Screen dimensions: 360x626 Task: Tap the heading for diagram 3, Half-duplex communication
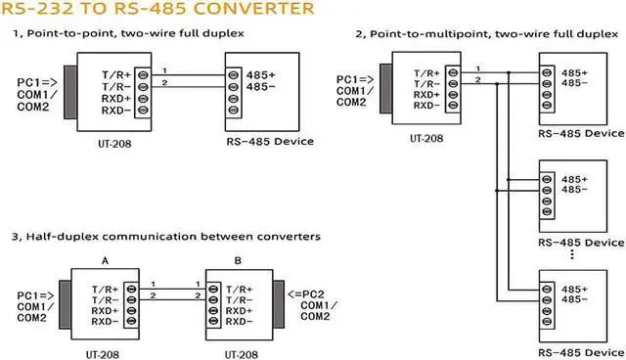coord(166,237)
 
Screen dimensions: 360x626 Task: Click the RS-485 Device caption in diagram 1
coord(270,142)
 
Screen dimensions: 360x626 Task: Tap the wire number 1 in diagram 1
coord(165,69)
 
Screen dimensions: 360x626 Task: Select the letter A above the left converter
coord(105,261)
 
